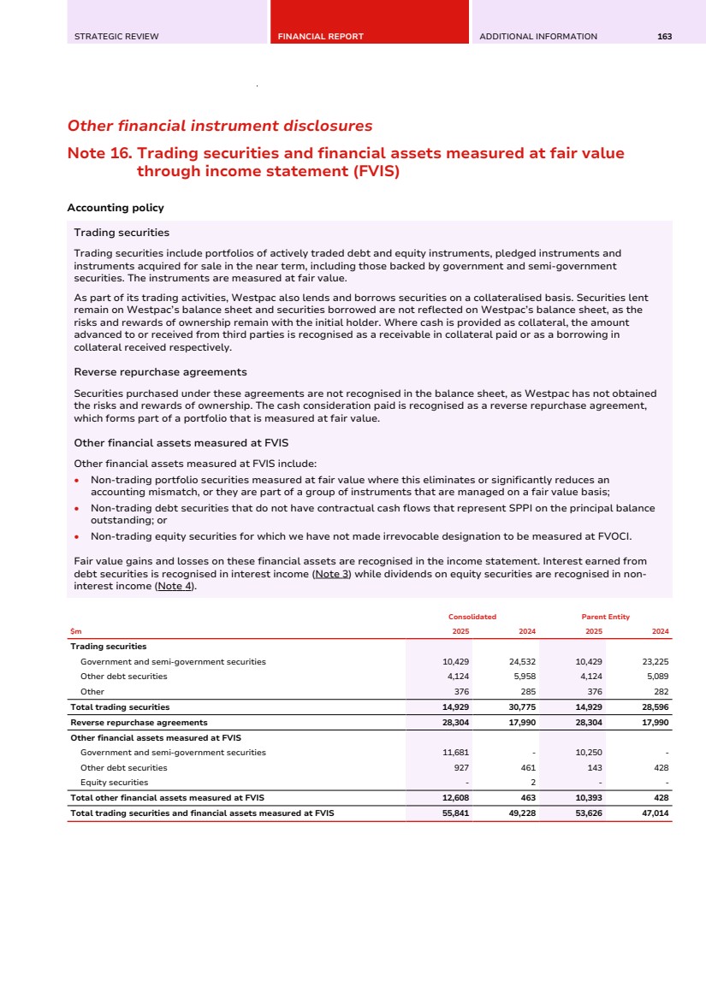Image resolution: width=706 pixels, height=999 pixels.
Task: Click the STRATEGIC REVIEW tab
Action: tap(116, 37)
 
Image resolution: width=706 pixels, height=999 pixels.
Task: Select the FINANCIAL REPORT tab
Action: tap(321, 37)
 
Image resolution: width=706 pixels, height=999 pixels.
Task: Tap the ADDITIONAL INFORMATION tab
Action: tap(538, 37)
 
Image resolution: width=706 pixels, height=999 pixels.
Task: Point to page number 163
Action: tap(664, 37)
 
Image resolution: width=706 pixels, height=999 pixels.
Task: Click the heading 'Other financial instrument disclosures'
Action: tap(220, 126)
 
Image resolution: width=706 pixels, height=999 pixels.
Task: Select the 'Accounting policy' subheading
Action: tap(116, 208)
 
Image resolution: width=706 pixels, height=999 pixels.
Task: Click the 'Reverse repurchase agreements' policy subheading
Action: tap(160, 372)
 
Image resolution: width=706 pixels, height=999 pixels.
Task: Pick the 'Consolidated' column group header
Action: tap(472, 617)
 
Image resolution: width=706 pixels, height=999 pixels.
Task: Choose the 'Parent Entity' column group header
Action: tap(605, 617)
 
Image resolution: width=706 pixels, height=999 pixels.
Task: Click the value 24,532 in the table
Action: tap(521, 662)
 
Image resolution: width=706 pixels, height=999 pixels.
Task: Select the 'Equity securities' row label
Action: tap(114, 783)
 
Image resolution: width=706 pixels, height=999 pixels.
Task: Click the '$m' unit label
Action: tap(75, 631)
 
